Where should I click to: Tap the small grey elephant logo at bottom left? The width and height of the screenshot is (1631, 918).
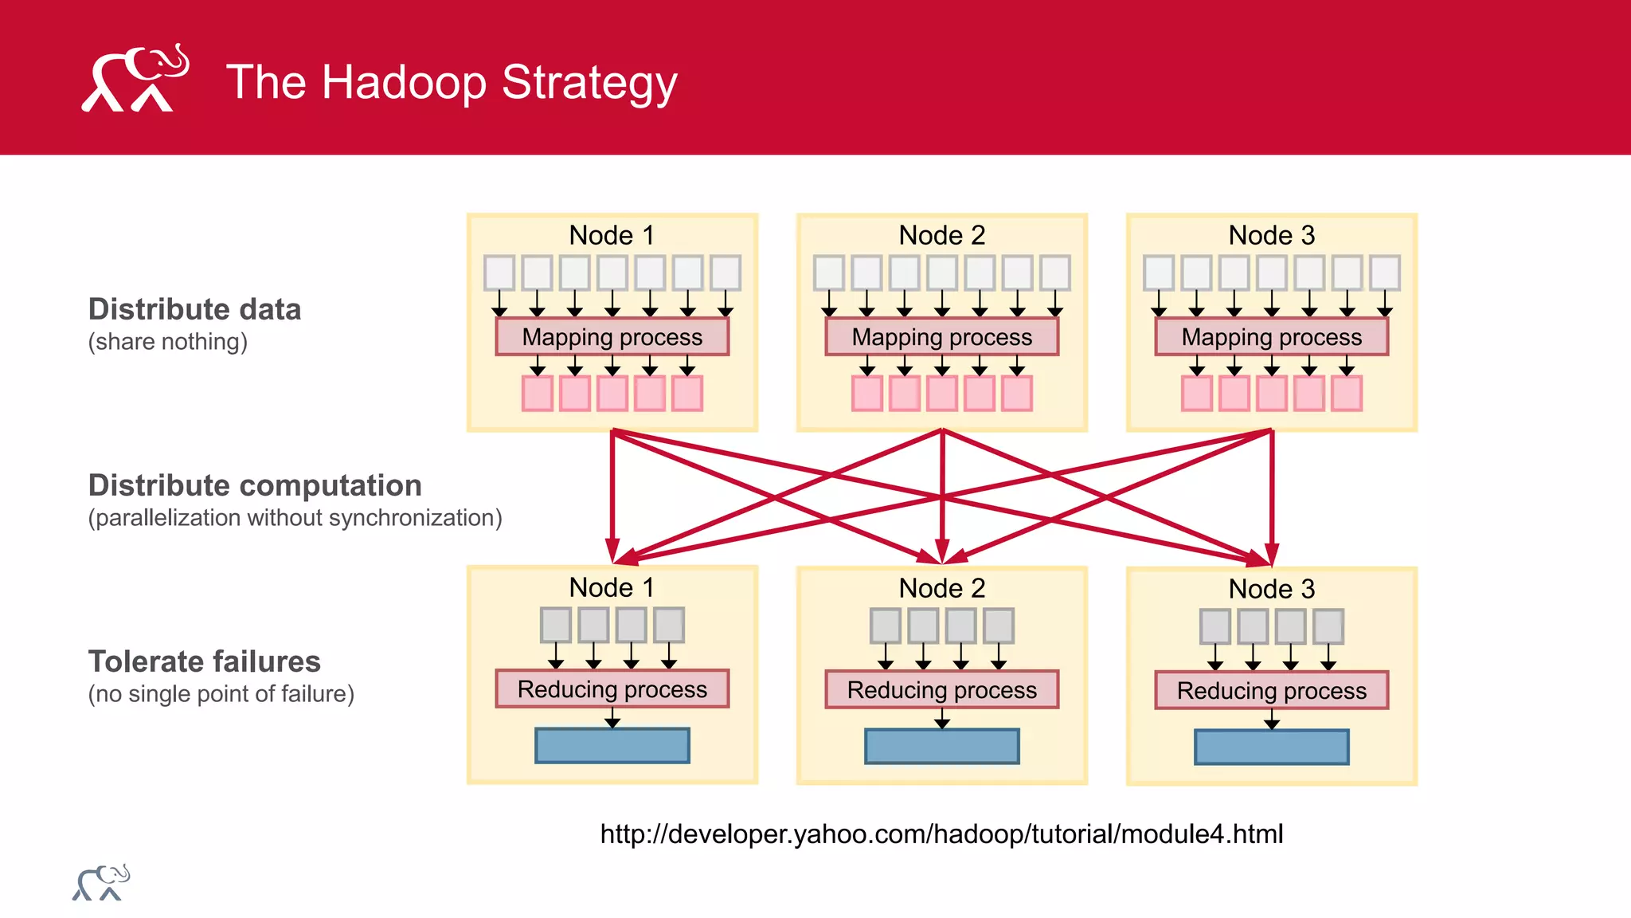[101, 883]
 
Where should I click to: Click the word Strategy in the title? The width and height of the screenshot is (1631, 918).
[589, 82]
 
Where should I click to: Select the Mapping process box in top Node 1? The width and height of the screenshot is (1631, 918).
[612, 337]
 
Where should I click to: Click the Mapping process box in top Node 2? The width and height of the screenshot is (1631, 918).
[941, 337]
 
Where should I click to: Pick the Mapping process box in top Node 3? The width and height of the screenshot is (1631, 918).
[1271, 337]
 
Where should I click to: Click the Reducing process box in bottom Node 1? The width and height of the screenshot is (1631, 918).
[612, 689]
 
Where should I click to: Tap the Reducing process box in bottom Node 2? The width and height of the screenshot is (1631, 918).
[941, 690]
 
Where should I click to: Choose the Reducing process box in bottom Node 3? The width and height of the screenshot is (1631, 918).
[1271, 691]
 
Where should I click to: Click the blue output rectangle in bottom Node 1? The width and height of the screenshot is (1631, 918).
[612, 746]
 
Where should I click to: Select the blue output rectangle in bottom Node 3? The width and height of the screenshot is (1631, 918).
[1271, 747]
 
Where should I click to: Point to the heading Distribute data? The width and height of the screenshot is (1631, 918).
[194, 309]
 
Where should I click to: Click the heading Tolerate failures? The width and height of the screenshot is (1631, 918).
[204, 661]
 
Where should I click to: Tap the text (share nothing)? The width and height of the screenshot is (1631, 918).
[167, 342]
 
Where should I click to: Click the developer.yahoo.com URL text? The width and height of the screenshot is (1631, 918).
[941, 834]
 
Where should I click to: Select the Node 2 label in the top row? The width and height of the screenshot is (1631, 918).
[941, 235]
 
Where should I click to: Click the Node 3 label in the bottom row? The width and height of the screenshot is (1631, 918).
[1271, 589]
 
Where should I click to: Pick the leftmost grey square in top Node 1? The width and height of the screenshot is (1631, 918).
[499, 273]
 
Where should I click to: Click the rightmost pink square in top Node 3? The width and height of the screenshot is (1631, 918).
[1346, 394]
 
